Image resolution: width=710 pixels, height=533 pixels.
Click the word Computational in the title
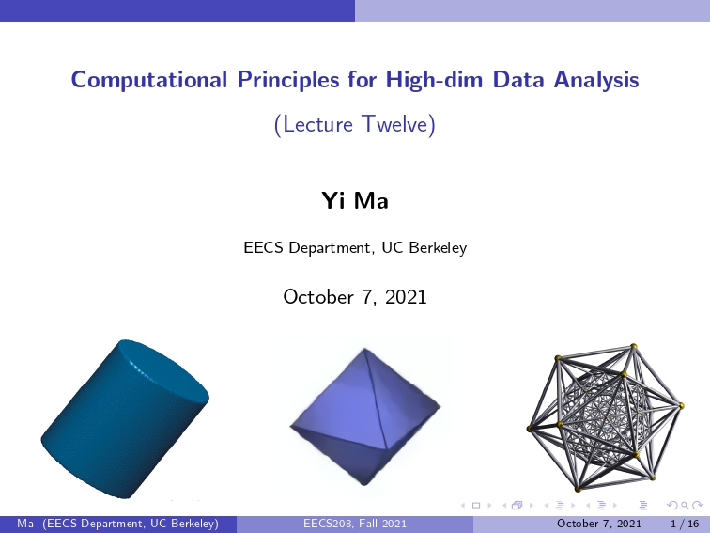pyautogui.click(x=149, y=80)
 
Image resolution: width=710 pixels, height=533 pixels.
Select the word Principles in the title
pyautogui.click(x=288, y=80)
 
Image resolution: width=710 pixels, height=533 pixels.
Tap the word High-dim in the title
pyautogui.click(x=434, y=80)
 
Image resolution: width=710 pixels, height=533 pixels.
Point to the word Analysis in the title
pyautogui.click(x=596, y=80)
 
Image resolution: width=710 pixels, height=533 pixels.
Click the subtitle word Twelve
pyautogui.click(x=394, y=124)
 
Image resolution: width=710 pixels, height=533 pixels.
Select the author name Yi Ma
pyautogui.click(x=355, y=200)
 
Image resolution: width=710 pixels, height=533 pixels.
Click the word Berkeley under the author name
pyautogui.click(x=438, y=248)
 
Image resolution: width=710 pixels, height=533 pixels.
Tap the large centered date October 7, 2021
pyautogui.click(x=355, y=297)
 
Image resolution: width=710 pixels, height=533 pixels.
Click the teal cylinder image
pyautogui.click(x=126, y=419)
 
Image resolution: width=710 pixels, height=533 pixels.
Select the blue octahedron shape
pyautogui.click(x=365, y=416)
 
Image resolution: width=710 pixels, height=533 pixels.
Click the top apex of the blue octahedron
pyautogui.click(x=365, y=349)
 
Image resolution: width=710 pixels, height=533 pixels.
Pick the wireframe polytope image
pyautogui.click(x=605, y=417)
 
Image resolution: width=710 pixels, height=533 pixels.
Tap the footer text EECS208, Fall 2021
pyautogui.click(x=355, y=524)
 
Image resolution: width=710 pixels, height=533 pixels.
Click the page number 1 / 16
pyautogui.click(x=685, y=524)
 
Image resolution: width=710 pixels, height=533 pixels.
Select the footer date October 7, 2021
pyautogui.click(x=599, y=524)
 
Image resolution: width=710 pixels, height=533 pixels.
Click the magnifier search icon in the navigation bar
pyautogui.click(x=685, y=505)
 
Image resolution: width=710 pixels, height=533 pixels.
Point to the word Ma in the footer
pyautogui.click(x=25, y=524)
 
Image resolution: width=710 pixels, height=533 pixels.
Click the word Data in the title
pyautogui.click(x=518, y=80)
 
